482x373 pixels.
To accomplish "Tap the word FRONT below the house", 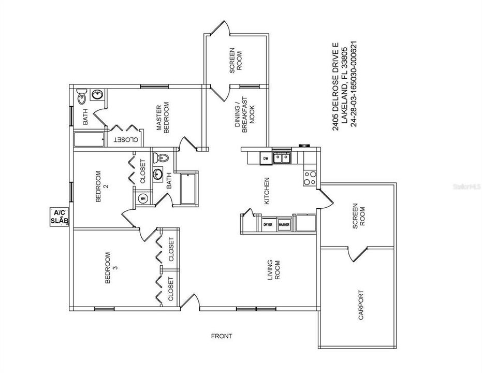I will [x=221, y=336].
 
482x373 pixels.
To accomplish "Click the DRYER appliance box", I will [x=268, y=225].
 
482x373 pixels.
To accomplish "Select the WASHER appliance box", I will [x=284, y=225].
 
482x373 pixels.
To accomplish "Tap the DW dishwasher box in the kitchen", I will [x=265, y=158].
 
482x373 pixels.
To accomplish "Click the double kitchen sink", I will [x=282, y=157].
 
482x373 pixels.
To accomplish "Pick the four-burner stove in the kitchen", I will [x=310, y=178].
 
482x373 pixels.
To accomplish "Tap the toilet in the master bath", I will [x=81, y=97].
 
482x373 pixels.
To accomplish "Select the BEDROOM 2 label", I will [x=102, y=186].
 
